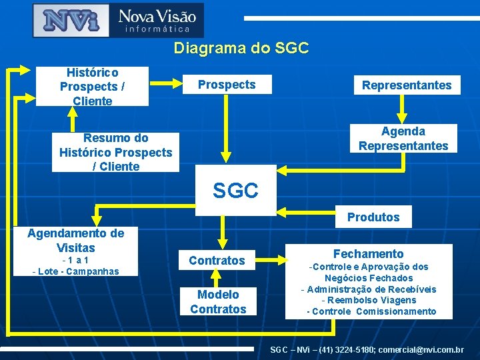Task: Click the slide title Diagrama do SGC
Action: (x=241, y=48)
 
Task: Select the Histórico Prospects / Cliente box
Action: (x=92, y=86)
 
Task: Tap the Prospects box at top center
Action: (x=226, y=85)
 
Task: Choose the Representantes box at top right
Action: (x=406, y=85)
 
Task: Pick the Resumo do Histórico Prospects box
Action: (x=115, y=152)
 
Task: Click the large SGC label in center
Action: (x=235, y=191)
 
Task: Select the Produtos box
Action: (x=373, y=217)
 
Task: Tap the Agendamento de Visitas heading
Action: (x=75, y=241)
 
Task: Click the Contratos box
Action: (x=217, y=260)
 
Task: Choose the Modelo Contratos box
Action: (x=218, y=301)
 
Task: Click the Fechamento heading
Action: (x=368, y=253)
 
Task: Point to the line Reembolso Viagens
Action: (x=369, y=300)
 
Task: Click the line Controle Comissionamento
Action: (x=371, y=311)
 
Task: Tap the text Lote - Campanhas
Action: (x=75, y=271)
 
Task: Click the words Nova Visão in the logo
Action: (x=157, y=15)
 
